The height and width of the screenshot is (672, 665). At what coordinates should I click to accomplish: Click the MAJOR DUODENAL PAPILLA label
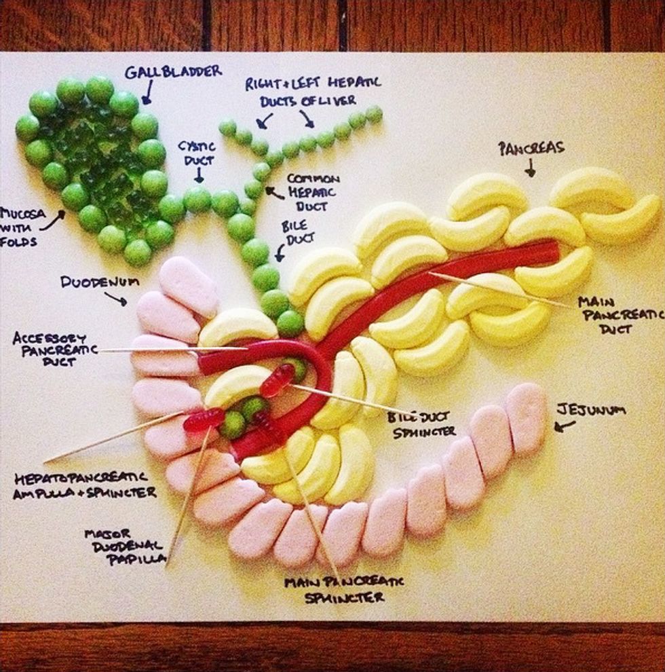pyautogui.click(x=125, y=546)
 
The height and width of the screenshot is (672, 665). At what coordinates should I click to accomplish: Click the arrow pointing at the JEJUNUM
pyautogui.click(x=565, y=426)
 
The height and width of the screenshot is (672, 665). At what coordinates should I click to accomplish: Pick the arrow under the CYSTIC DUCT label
pyautogui.click(x=198, y=176)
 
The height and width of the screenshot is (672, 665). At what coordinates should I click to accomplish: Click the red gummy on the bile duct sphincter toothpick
pyautogui.click(x=278, y=380)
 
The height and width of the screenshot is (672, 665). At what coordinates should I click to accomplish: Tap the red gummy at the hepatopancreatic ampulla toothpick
pyautogui.click(x=203, y=421)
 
